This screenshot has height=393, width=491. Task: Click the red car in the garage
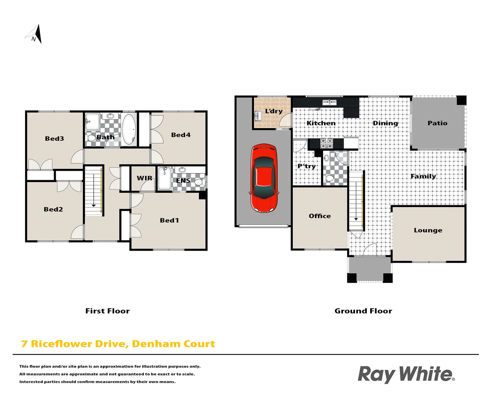pos(264,178)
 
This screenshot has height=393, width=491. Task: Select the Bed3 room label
pos(55,139)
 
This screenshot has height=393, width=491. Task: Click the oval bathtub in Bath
pos(129,129)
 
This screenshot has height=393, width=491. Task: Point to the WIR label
pos(144,178)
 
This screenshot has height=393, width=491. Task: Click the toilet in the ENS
pos(199,182)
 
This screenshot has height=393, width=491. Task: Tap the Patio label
pos(437,123)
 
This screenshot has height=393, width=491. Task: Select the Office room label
pos(320,216)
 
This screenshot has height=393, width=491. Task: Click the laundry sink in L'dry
pos(258,116)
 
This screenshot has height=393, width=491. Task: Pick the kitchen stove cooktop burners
pos(326,143)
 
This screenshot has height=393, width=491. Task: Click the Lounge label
pos(428,230)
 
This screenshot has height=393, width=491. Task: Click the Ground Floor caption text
pos(363,311)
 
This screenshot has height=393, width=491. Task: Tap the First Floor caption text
pos(107,311)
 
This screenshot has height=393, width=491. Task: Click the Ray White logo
pos(406,374)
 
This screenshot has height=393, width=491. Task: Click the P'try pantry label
pos(307,166)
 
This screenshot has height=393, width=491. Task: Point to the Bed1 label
pos(169,221)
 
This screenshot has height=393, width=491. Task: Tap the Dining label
pos(385,123)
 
